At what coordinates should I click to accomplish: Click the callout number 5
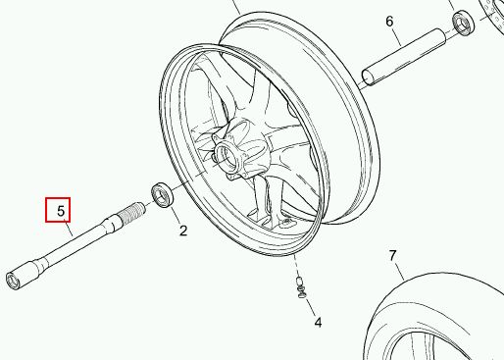tap(61, 211)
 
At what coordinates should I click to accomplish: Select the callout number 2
tap(183, 231)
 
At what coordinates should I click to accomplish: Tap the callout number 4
tap(318, 323)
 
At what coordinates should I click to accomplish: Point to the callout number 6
tap(389, 22)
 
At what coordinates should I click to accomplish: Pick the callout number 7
tap(392, 256)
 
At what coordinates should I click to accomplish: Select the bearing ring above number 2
tap(163, 195)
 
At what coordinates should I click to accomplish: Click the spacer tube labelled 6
tap(404, 57)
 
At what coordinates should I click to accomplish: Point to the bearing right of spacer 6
tap(463, 23)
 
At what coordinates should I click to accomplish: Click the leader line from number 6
tap(395, 35)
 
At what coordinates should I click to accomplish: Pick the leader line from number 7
tap(399, 271)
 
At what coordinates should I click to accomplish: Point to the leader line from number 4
tap(310, 307)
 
